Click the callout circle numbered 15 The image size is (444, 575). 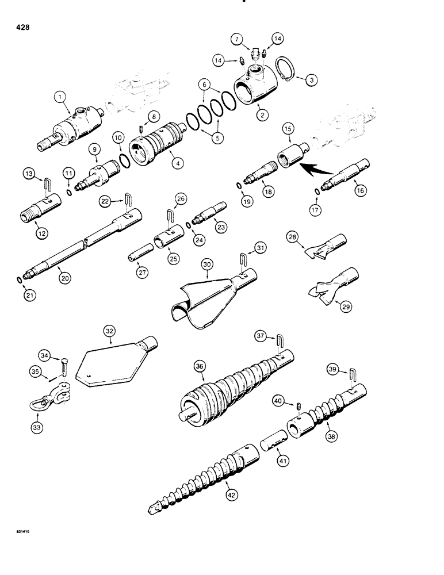coord(288,142)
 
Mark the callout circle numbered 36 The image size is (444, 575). coord(200,365)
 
